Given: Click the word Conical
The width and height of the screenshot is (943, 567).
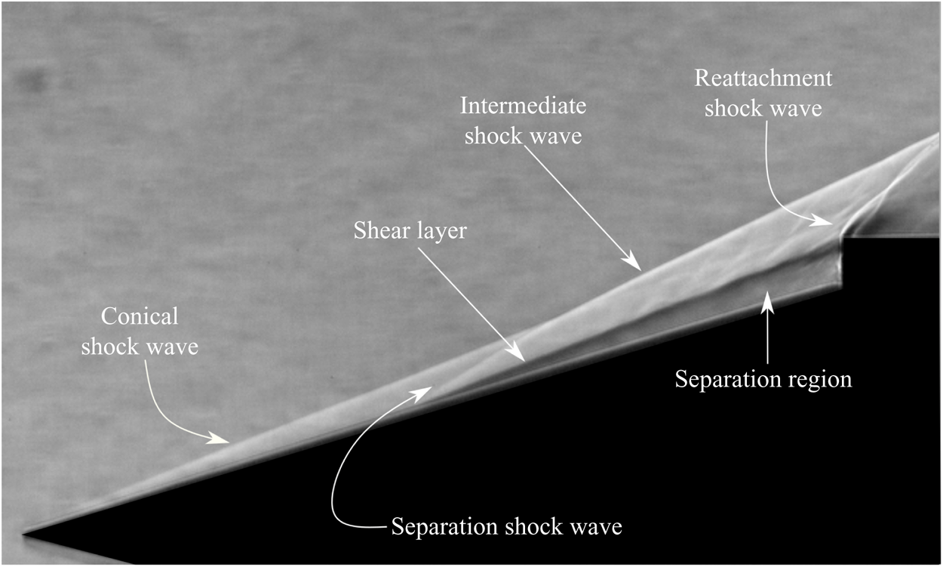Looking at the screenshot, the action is click(140, 316).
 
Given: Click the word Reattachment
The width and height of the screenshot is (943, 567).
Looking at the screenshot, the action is click(763, 78).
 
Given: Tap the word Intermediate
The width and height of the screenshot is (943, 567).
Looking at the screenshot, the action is click(523, 105).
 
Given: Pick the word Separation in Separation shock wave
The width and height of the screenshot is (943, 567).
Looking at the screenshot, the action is click(444, 526).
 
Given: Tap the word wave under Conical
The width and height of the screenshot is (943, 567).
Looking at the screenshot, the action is click(173, 347).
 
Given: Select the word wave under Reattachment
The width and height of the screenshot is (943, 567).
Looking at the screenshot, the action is click(797, 109).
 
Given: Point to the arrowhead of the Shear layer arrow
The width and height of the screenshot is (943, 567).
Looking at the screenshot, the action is click(518, 354).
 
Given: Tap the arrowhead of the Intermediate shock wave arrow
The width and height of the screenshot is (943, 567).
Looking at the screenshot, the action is click(634, 263).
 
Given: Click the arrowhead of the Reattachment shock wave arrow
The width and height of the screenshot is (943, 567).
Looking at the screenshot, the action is click(822, 220).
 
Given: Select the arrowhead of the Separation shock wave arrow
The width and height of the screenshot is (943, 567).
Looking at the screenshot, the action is click(422, 393).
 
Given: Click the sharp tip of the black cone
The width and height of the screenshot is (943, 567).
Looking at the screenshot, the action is click(23, 535).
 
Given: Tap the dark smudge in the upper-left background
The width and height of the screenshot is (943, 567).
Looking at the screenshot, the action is click(35, 80).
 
